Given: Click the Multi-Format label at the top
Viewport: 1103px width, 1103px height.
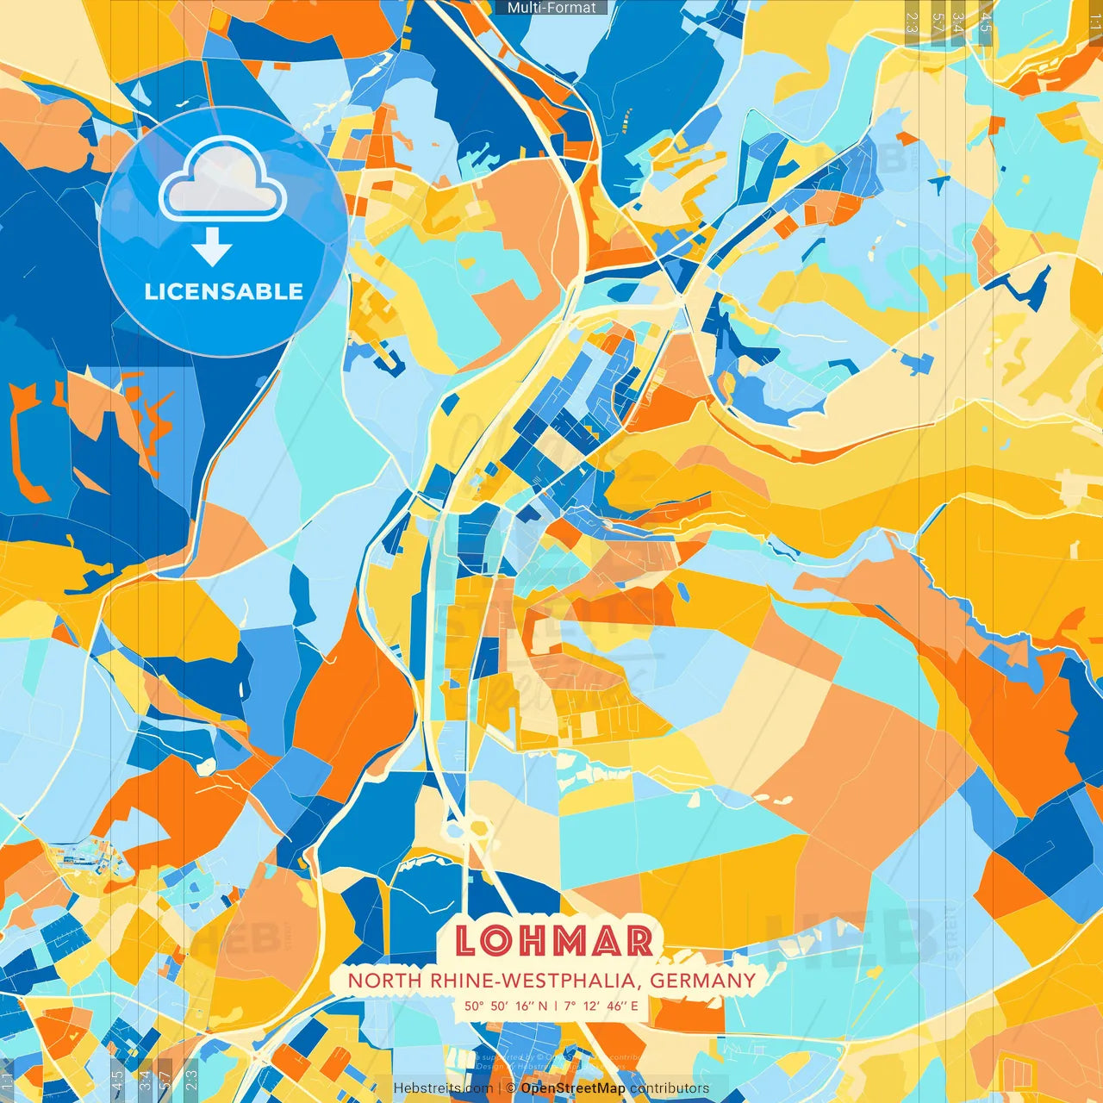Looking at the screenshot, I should (x=551, y=8).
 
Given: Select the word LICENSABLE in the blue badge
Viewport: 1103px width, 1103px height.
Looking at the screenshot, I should (x=224, y=291).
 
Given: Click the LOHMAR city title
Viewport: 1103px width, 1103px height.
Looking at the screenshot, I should (x=553, y=940).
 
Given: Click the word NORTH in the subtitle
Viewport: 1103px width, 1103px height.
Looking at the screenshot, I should (x=374, y=981).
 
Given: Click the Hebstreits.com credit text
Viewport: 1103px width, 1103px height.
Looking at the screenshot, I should (x=443, y=1088).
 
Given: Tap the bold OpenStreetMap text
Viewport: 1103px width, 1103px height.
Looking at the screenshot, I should (x=573, y=1088).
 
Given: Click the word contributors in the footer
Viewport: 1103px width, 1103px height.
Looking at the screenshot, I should (x=670, y=1088).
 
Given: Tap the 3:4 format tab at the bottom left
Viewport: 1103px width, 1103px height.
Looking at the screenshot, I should (x=145, y=1079).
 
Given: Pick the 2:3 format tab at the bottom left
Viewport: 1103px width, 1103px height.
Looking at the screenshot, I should (x=191, y=1079).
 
